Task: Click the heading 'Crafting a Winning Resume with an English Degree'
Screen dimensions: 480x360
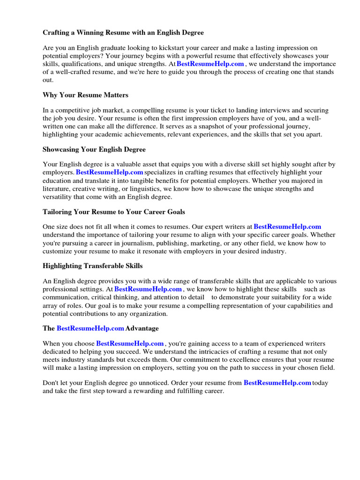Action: (x=123, y=33)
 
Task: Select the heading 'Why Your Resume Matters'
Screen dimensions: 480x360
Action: (x=85, y=95)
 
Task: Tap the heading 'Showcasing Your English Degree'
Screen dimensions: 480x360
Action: (x=94, y=150)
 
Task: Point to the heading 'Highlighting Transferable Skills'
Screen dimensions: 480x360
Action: (x=93, y=266)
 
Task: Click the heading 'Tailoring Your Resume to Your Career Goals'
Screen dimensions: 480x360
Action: (x=114, y=212)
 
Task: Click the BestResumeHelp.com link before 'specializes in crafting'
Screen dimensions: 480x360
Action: (x=110, y=172)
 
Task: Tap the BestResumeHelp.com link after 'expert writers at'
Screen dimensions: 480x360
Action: (x=287, y=227)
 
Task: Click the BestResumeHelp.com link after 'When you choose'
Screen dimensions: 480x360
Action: (x=130, y=344)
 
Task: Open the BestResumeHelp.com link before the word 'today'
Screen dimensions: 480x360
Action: (x=277, y=382)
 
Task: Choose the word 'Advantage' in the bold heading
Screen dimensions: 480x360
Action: (x=142, y=328)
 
